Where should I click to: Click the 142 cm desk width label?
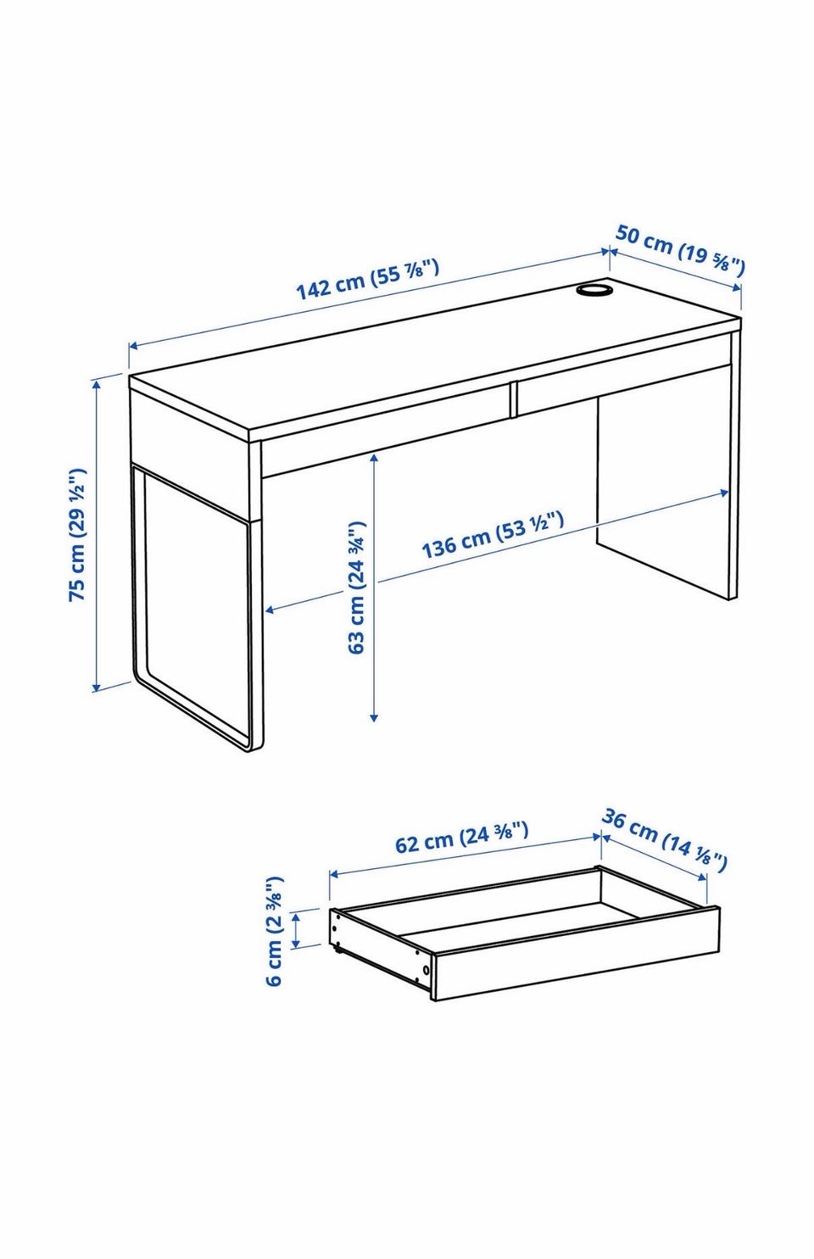(x=367, y=279)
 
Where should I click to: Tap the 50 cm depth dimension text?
(x=680, y=251)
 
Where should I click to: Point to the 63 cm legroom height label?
(x=357, y=588)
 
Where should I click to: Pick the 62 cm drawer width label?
(x=461, y=838)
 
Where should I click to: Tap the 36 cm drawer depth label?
(x=664, y=840)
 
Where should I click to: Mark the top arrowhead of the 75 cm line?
(x=97, y=384)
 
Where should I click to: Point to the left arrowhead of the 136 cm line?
(x=270, y=610)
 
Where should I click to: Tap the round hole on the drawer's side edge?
(x=426, y=970)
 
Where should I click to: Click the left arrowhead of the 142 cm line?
(x=134, y=347)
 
